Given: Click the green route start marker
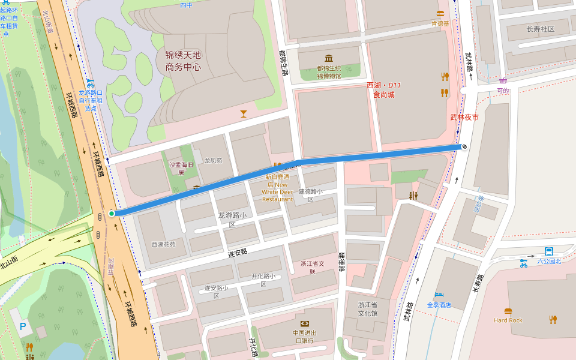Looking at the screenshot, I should tap(112, 214).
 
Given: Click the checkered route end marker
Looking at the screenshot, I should tap(464, 146).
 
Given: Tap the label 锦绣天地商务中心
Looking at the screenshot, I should tap(183, 61).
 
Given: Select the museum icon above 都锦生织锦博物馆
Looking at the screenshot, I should tap(329, 58).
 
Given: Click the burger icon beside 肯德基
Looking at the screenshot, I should tap(440, 14).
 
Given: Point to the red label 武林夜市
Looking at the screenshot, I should tap(464, 117).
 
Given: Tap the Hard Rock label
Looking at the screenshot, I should tap(508, 320).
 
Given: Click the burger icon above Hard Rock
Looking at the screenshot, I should tap(508, 311).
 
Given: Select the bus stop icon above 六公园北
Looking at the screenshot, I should tap(548, 251).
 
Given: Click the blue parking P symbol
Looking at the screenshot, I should tap(23, 326).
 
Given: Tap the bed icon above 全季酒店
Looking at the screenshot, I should tap(439, 295).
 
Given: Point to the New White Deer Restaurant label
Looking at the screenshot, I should tap(277, 188).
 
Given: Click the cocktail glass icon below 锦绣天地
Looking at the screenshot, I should tap(243, 113).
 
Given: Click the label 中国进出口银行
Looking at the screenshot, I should tap(305, 337).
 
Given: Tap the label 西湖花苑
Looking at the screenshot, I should tap(163, 244).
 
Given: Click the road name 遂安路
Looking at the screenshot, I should tap(238, 253).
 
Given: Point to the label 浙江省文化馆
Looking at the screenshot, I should tap(368, 309).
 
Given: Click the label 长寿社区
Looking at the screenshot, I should tap(540, 29).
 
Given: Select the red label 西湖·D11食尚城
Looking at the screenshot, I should tap(384, 90).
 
